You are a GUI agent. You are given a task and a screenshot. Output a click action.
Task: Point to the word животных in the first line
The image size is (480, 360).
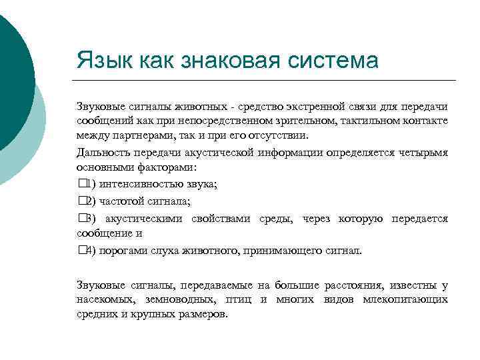(x=174, y=106)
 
